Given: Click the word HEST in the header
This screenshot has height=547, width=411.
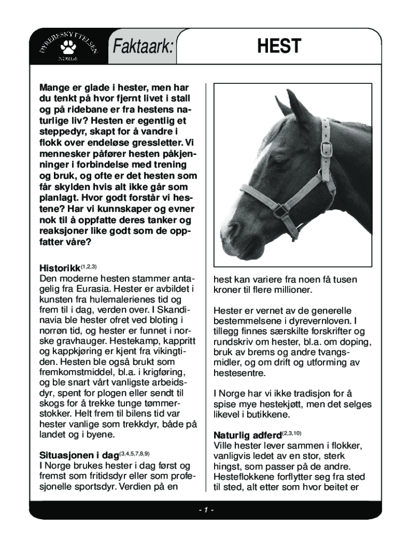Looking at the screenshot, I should (x=279, y=46).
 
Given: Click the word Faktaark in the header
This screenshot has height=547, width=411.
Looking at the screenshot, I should (x=143, y=48).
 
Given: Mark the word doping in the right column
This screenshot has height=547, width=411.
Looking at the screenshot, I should (x=351, y=342).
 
